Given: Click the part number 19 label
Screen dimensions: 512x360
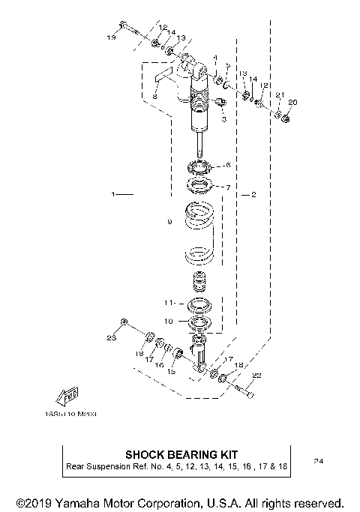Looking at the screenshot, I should click(111, 36).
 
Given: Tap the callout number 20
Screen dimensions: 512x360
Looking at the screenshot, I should click(292, 101).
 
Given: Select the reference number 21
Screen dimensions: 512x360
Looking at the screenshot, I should click(278, 94).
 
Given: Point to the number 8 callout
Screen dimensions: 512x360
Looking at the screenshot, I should click(154, 97).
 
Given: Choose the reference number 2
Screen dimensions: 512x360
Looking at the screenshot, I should click(253, 194).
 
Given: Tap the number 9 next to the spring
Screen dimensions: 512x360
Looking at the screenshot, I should click(169, 222).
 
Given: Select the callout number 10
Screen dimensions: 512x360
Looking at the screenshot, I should click(169, 320).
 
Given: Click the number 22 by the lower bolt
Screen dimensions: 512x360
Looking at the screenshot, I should click(256, 376).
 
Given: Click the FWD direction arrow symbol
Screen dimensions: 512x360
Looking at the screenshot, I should click(66, 395).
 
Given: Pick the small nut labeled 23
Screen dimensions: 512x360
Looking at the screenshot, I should click(124, 322).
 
